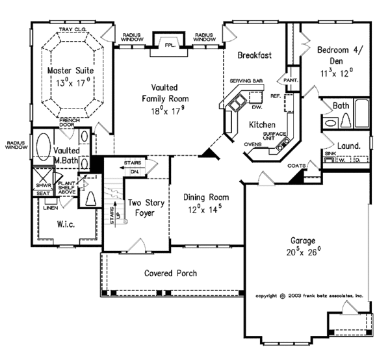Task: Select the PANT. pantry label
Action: [x=290, y=80]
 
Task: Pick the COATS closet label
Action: [x=296, y=166]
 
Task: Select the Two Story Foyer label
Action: [x=144, y=207]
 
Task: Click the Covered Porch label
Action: [x=170, y=273]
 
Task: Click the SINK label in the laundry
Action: [x=329, y=153]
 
